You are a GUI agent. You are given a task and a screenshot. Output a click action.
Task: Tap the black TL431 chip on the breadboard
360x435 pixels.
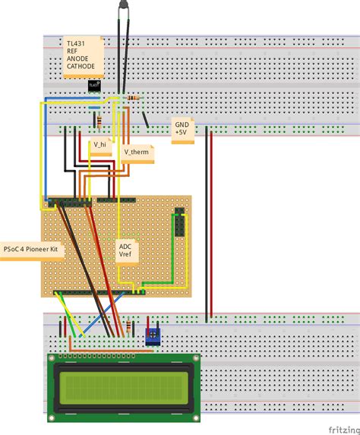(94, 86)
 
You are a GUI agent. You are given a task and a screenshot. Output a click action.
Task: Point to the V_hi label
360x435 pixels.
(99, 143)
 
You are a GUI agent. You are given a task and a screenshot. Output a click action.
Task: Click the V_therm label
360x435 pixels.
(137, 152)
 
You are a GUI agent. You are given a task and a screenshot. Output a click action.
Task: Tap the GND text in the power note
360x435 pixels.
(182, 124)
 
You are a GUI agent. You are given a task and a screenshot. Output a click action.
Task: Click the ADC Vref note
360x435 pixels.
(126, 250)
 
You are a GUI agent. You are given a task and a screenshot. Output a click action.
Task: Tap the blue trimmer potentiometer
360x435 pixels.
(153, 335)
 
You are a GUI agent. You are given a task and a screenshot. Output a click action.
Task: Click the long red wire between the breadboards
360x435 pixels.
(211, 228)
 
